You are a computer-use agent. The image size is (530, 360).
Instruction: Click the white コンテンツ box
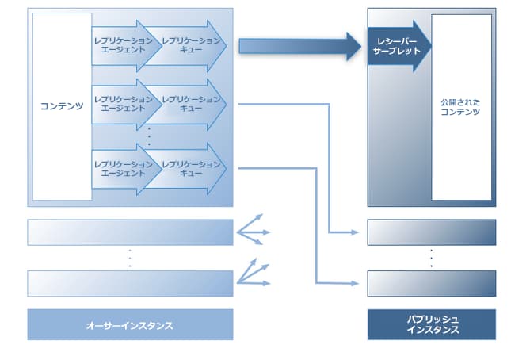62,105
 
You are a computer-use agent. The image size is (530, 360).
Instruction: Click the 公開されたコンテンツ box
460,107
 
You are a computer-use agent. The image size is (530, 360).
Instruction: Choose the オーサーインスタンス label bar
130,325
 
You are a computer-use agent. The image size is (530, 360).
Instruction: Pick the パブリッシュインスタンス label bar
432,324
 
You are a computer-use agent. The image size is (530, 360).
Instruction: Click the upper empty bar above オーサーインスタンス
130,232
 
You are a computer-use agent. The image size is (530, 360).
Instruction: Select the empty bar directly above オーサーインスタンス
130,283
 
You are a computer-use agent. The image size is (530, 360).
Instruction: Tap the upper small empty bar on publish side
432,232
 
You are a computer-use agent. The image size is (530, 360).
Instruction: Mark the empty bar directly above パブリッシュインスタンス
432,283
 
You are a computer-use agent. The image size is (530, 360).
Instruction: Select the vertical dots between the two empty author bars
130,258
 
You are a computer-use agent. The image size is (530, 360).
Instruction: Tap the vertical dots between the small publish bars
432,258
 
